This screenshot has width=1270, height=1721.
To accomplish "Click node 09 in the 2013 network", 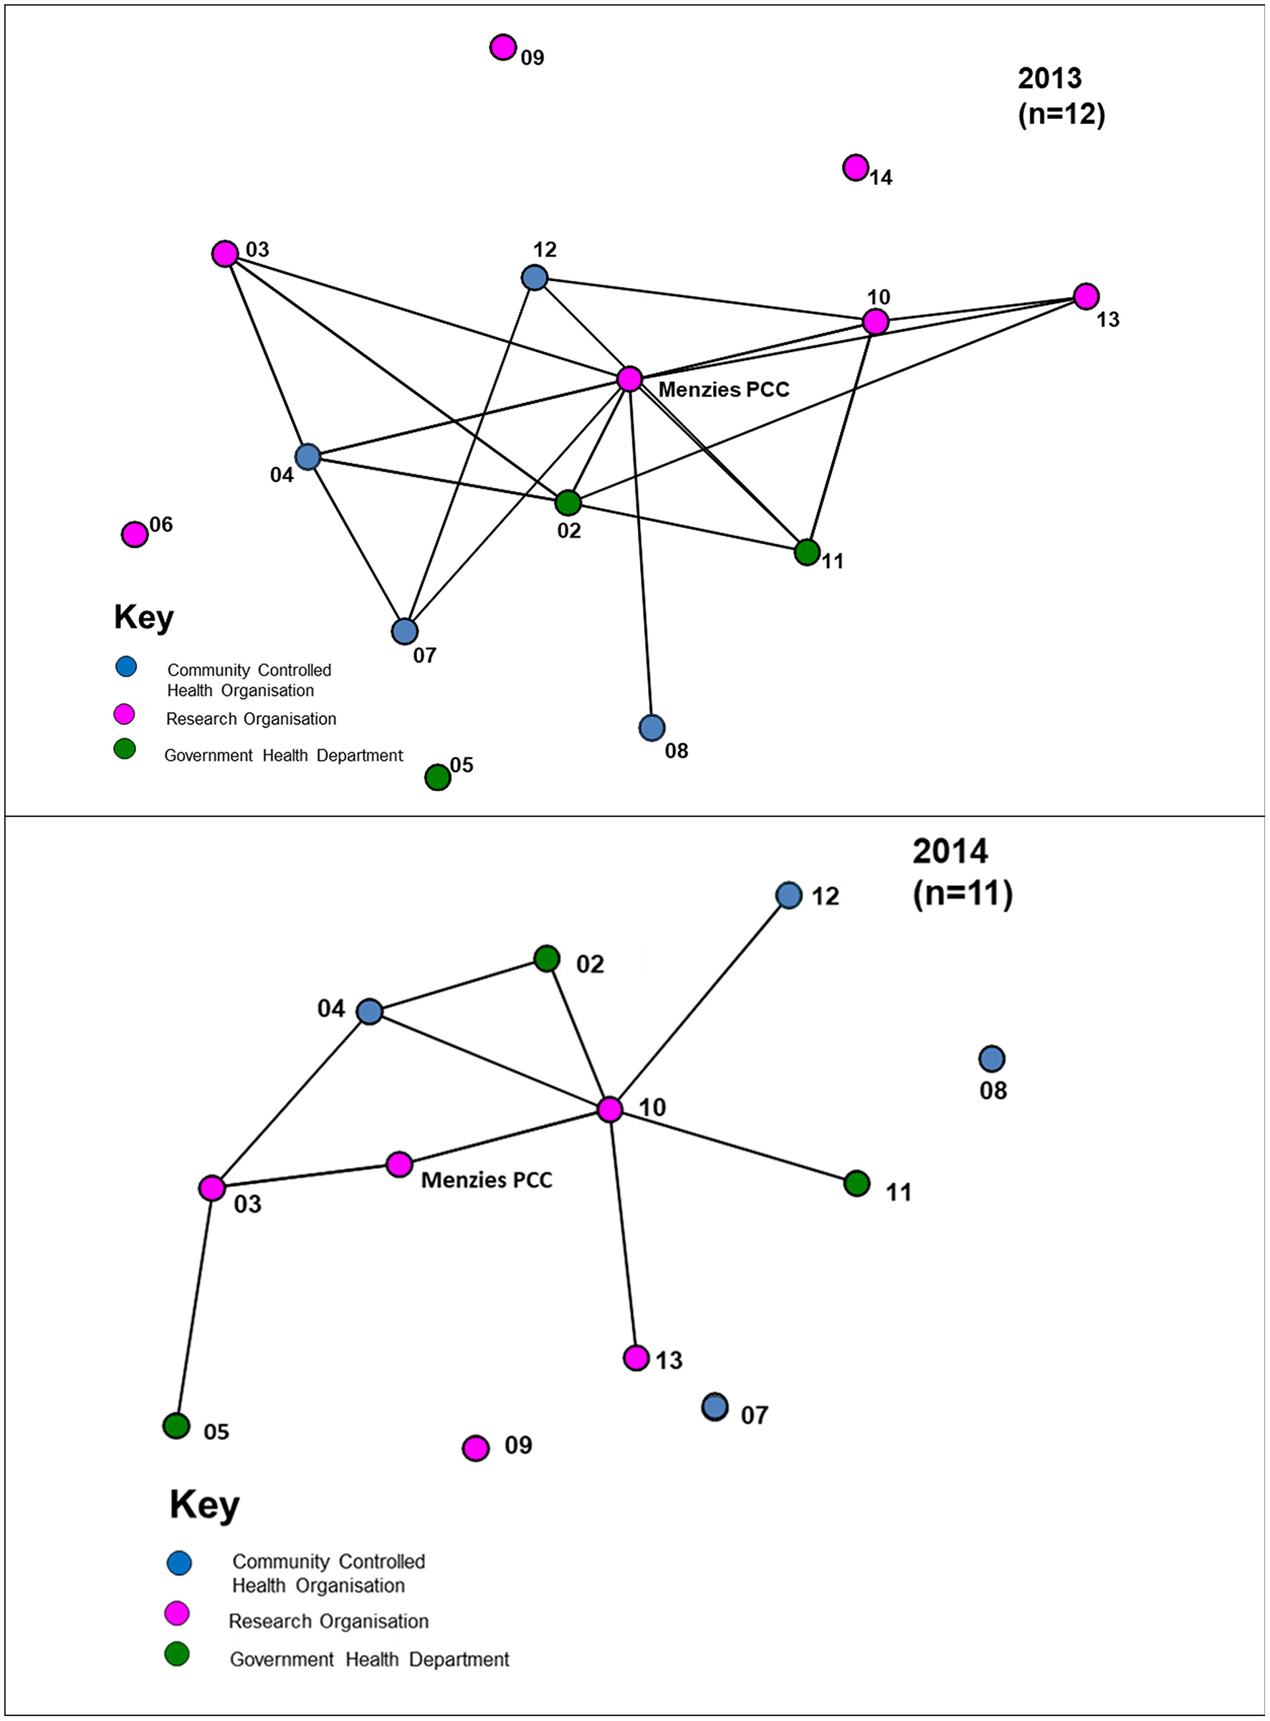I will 503,47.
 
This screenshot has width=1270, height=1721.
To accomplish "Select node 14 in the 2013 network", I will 856,167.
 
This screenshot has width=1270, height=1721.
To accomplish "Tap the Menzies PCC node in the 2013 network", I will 629,379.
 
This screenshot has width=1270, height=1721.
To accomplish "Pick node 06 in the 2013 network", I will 135,533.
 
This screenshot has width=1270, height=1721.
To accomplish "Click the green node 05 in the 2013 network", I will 437,777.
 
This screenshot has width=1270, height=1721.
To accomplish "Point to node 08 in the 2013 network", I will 652,727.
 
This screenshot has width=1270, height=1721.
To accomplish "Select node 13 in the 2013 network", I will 1086,296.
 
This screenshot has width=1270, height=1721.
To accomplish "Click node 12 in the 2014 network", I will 790,895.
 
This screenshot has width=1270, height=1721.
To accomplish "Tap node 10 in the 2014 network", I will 610,1109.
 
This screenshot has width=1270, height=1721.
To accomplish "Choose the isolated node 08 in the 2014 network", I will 992,1059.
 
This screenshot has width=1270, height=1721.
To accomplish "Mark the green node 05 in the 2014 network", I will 177,1426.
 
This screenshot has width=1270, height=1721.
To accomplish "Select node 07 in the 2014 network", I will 715,1406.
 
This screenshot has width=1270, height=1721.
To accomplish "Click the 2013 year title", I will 1049,78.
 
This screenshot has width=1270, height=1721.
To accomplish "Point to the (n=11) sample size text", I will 963,893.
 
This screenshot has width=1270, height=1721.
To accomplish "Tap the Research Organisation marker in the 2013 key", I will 125,715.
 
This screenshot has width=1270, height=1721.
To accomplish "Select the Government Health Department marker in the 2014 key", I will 178,1654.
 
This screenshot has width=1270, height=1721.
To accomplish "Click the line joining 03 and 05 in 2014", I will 194,1307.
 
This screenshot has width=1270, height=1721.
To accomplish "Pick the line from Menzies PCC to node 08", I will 641,553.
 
